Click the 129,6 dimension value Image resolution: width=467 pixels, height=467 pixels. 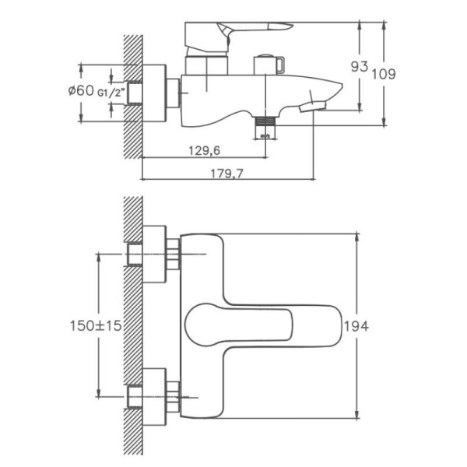pyautogui.click(x=205, y=151)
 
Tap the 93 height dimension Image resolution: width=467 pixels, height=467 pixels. pyautogui.click(x=359, y=67)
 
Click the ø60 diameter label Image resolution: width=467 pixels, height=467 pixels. pyautogui.click(x=82, y=91)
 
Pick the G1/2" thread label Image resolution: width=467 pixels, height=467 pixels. pyautogui.click(x=112, y=92)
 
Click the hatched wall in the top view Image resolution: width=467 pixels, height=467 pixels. pyautogui.click(x=132, y=93)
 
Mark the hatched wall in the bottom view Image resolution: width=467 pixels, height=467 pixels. pyautogui.click(x=132, y=327)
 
